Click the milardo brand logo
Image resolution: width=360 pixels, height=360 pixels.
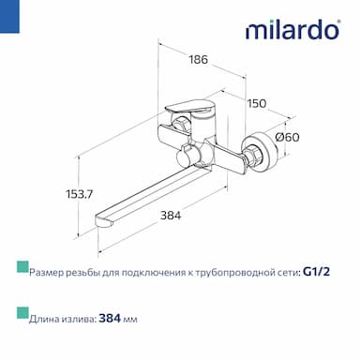pyautogui.click(x=292, y=29)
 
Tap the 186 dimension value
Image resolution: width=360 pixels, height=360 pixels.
pyautogui.click(x=198, y=59)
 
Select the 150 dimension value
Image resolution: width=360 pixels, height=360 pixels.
pyautogui.click(x=257, y=103)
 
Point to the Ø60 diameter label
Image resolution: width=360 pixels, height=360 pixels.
pyautogui.click(x=288, y=137)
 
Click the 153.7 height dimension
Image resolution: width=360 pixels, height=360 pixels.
pyautogui.click(x=80, y=194)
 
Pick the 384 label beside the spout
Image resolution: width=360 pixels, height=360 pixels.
pyautogui.click(x=171, y=216)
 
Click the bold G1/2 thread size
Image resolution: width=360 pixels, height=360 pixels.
pyautogui.click(x=317, y=272)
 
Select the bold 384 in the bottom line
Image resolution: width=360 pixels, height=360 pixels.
pyautogui.click(x=110, y=319)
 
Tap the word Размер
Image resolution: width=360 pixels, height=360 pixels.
pyautogui.click(x=47, y=273)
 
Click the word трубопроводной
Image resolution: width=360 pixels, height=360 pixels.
pyautogui.click(x=232, y=273)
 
